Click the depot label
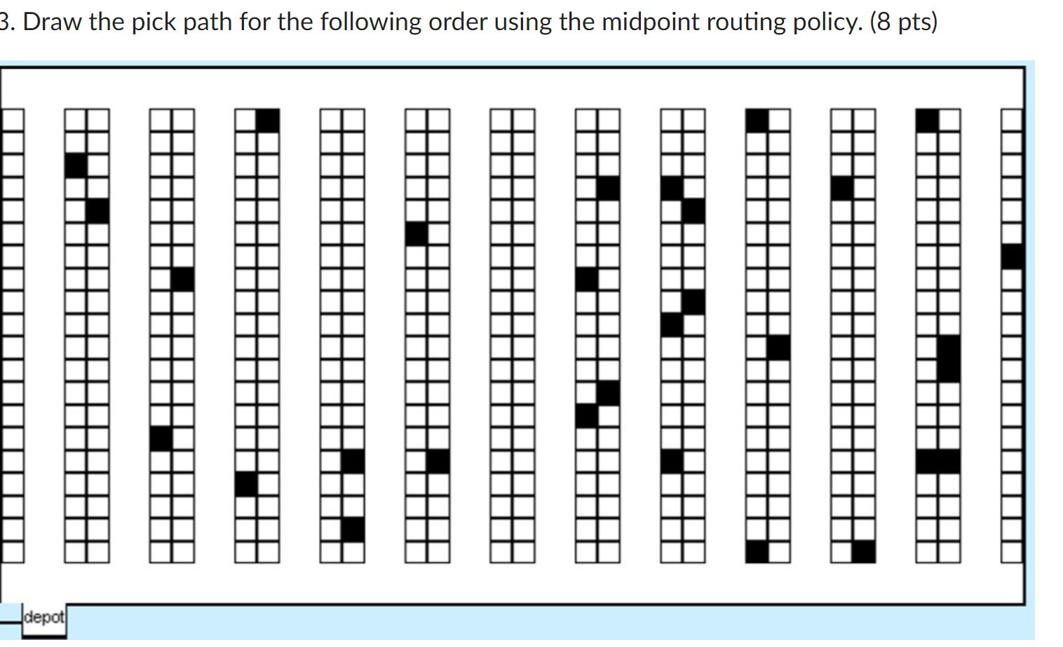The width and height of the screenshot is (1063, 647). coord(43,618)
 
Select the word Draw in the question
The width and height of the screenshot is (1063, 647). coord(53,22)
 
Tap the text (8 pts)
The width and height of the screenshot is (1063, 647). coord(903,22)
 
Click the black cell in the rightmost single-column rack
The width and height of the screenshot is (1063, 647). coord(1012,257)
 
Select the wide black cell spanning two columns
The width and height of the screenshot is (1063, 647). coord(937,461)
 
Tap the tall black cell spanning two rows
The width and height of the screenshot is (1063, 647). coord(949,359)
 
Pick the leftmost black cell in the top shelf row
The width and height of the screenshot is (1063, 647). coord(268,121)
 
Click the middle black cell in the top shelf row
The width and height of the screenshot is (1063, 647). coord(757,121)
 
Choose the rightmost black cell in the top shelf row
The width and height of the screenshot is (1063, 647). coord(927,121)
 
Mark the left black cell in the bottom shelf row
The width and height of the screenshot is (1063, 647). coord(757,552)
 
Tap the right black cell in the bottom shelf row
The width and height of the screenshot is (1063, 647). coord(864,552)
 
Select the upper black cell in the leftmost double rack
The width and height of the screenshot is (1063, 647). coord(76,166)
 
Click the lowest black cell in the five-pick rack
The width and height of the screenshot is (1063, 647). coord(672,461)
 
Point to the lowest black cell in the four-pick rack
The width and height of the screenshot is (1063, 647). coord(586,416)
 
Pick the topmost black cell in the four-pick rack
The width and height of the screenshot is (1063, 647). coord(608,189)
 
